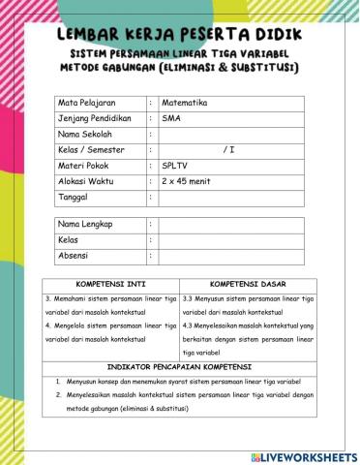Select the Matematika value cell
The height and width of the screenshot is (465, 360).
(188, 102)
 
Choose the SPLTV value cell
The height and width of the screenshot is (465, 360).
(176, 166)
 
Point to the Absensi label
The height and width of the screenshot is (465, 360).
(75, 256)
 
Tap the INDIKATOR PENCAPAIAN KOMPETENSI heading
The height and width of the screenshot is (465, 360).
(179, 368)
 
